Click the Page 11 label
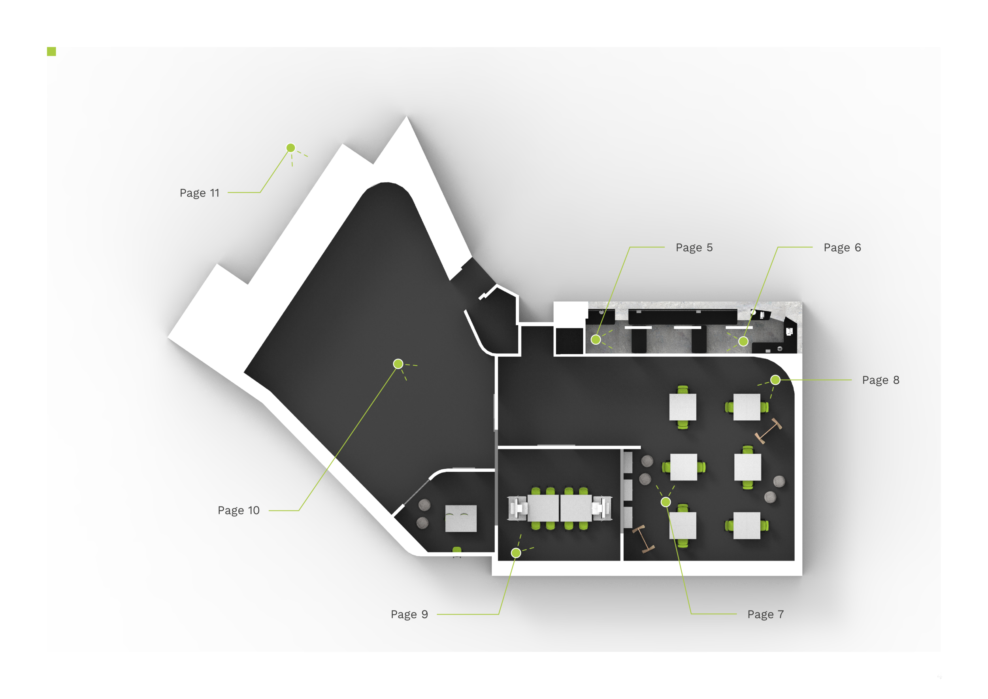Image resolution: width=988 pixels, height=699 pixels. [199, 193]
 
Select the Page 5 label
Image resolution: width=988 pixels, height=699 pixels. [694, 247]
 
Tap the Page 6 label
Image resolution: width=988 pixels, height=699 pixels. [842, 247]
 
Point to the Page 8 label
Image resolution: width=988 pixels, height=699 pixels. [881, 380]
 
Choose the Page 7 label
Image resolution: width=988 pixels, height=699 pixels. [765, 614]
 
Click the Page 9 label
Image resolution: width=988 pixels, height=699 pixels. [409, 614]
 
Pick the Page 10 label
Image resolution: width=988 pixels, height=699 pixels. [238, 510]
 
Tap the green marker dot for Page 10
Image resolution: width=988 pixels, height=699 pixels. [398, 364]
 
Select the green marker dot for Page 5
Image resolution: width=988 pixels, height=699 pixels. [596, 340]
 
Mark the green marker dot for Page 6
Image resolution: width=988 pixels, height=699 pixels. [743, 341]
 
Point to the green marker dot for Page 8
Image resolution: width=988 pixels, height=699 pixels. [775, 380]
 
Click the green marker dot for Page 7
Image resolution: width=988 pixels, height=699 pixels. [666, 502]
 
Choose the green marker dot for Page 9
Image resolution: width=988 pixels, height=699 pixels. [516, 553]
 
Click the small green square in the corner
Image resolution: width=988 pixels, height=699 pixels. [51, 52]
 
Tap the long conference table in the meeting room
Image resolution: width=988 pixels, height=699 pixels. [560, 508]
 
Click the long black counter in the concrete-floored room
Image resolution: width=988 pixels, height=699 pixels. [682, 317]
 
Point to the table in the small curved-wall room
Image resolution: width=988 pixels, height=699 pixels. [460, 518]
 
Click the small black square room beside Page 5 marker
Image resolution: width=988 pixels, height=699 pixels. [569, 341]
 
